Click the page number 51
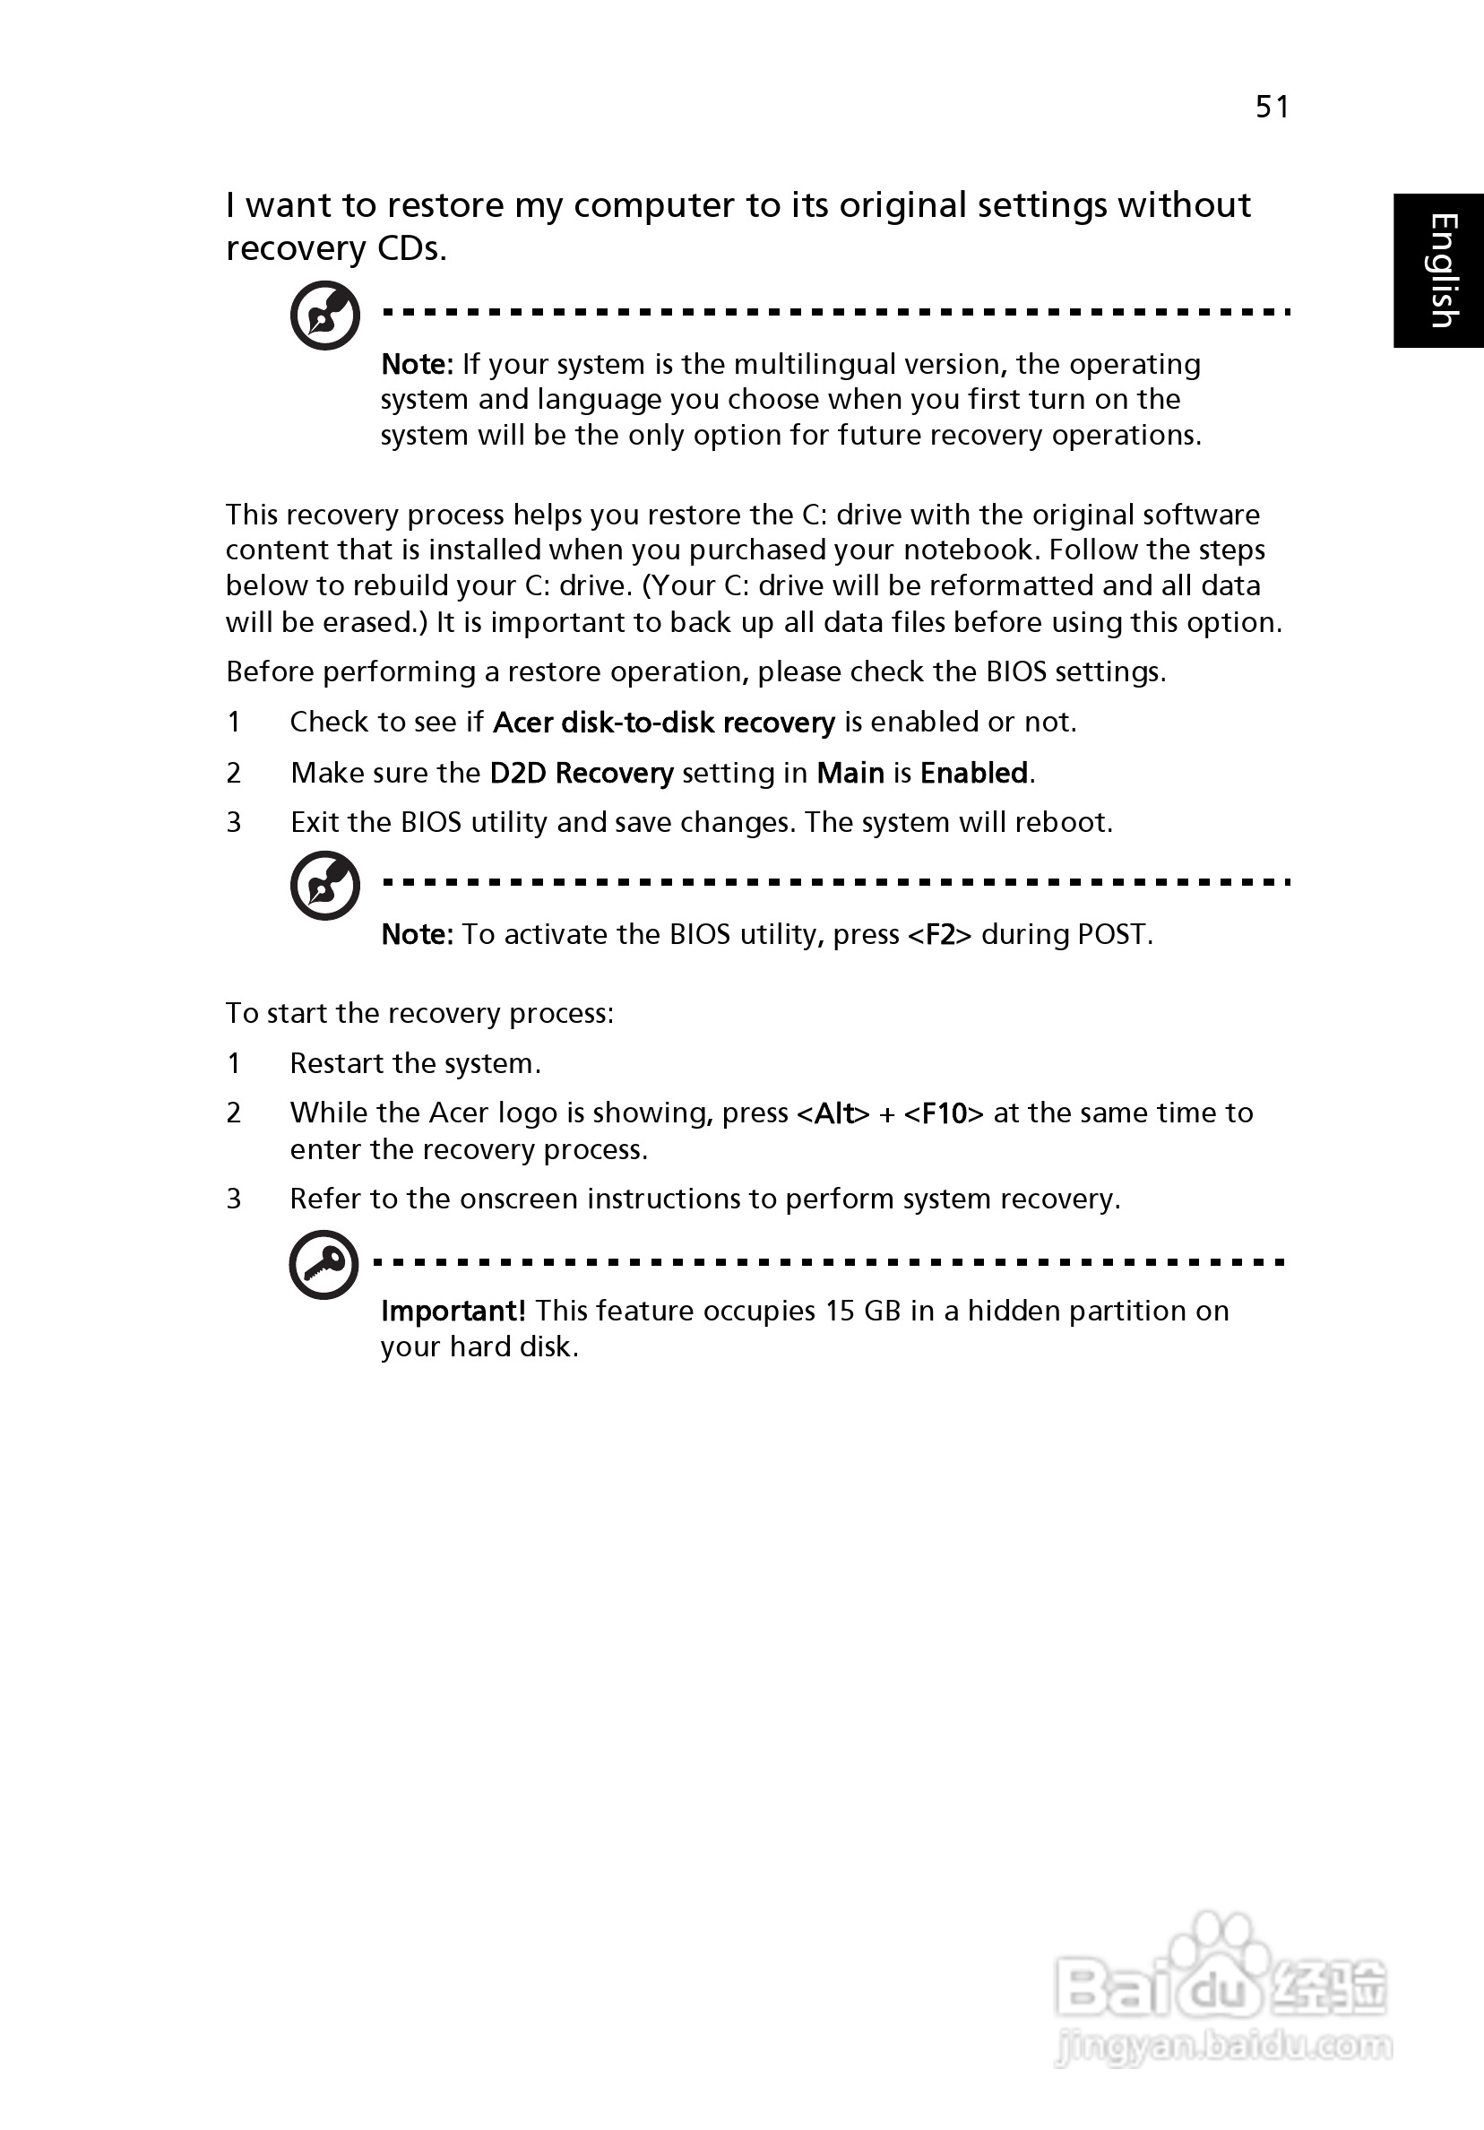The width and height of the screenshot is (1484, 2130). pyautogui.click(x=1272, y=108)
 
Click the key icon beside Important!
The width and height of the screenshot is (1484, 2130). pyautogui.click(x=324, y=1264)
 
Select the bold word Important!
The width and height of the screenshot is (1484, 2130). pyautogui.click(x=453, y=1311)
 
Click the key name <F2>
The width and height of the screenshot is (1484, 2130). pyautogui.click(x=940, y=934)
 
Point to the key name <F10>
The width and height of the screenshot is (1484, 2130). pyautogui.click(x=944, y=1113)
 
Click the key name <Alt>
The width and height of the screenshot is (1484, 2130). pyautogui.click(x=833, y=1113)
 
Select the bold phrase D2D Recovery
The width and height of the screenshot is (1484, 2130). pyautogui.click(x=582, y=773)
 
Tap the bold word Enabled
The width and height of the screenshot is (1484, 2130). pyautogui.click(x=974, y=773)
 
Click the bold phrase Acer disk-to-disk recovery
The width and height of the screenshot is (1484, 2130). pyautogui.click(x=664, y=723)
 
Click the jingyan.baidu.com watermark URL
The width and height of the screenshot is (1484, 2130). pyautogui.click(x=1224, y=2046)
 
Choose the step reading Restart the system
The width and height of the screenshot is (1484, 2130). pyautogui.click(x=415, y=1063)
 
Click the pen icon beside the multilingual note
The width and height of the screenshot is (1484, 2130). pyautogui.click(x=324, y=316)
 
